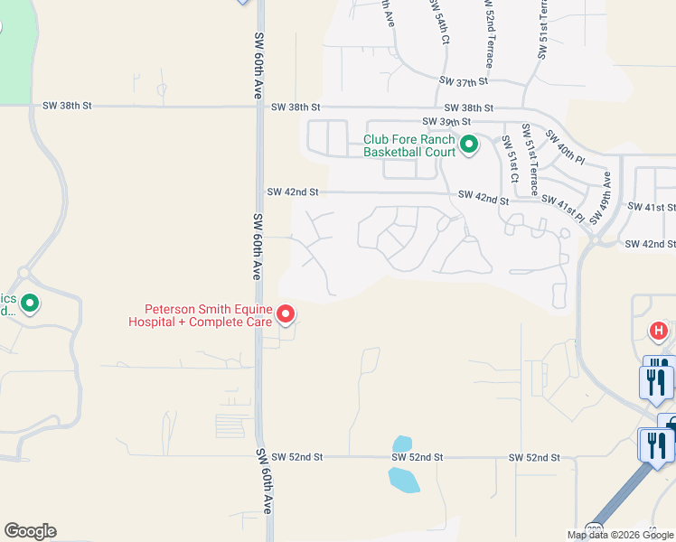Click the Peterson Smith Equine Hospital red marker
click(286, 313)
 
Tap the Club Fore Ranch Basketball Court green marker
click(468, 145)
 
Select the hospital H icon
click(658, 332)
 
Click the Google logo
click(30, 531)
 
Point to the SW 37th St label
click(464, 81)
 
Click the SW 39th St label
click(446, 121)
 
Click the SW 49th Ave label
click(600, 204)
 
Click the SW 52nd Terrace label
click(489, 34)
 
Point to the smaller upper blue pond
click(402, 444)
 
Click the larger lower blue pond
click(403, 480)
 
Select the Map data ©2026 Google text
click(620, 535)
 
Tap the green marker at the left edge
click(30, 304)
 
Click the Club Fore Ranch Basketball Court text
click(408, 146)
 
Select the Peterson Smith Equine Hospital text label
click(201, 314)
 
